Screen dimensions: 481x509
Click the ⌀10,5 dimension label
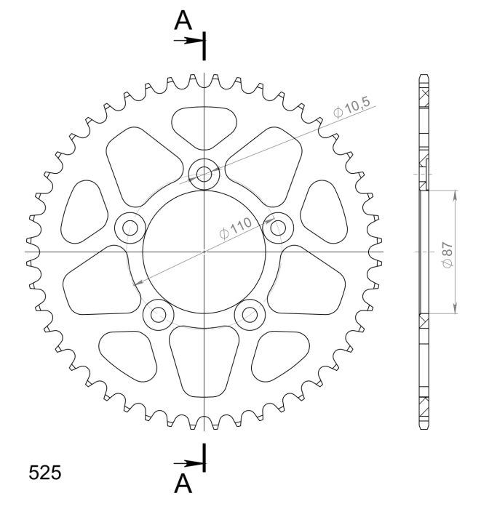351,108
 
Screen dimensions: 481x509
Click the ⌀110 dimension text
236,228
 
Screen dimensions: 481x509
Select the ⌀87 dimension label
448,255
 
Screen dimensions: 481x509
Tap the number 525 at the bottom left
45,473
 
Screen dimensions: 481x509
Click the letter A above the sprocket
183,20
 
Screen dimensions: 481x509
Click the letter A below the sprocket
183,484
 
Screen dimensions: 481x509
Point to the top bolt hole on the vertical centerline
204,174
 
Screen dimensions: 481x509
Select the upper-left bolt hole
130,228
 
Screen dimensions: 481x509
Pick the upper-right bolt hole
278,228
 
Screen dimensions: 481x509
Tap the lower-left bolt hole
159,315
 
